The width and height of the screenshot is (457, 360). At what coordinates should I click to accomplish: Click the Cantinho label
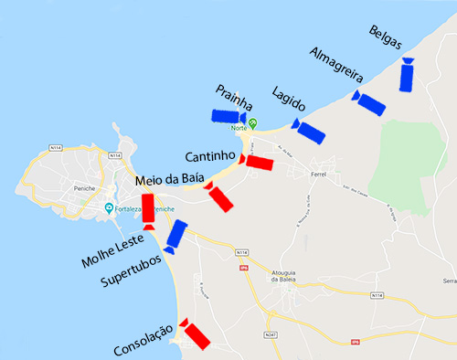pyautogui.click(x=212, y=157)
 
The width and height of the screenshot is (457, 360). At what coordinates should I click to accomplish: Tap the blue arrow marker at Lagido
pyautogui.click(x=309, y=132)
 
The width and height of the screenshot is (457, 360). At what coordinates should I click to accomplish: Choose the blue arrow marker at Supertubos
pyautogui.click(x=175, y=236)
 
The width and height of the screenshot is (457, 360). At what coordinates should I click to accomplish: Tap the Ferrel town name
pyautogui.click(x=318, y=173)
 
